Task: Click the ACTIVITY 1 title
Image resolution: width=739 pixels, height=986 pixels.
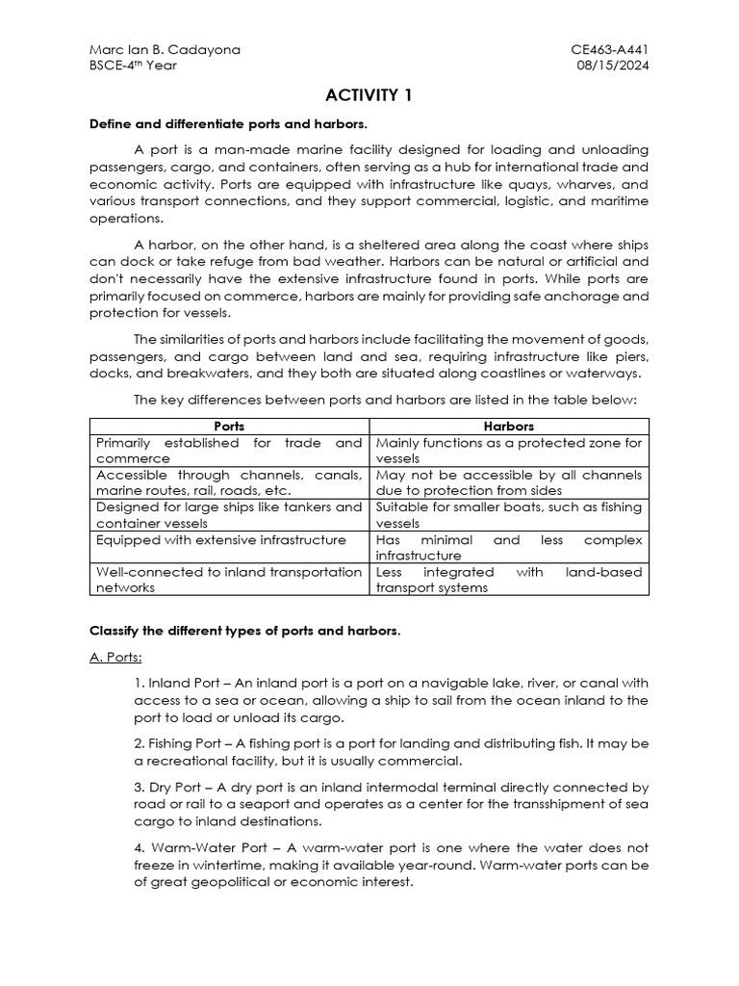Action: (369, 94)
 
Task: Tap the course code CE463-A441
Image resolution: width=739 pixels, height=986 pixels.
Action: (611, 48)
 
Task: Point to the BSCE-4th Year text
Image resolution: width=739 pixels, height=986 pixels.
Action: (133, 65)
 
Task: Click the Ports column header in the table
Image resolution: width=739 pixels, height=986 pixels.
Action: (229, 426)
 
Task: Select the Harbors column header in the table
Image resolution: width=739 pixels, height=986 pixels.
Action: (510, 426)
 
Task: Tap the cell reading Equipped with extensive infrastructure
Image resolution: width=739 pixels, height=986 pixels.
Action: (220, 540)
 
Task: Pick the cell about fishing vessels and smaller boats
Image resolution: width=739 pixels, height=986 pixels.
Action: (510, 515)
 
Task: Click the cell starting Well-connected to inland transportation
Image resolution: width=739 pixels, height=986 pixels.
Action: (229, 580)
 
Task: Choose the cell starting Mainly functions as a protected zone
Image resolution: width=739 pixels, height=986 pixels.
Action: (510, 451)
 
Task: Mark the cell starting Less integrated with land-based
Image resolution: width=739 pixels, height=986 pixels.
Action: (510, 580)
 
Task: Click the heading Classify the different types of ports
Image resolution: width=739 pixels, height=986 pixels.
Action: (244, 631)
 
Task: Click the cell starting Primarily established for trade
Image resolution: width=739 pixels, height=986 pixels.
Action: (229, 451)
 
